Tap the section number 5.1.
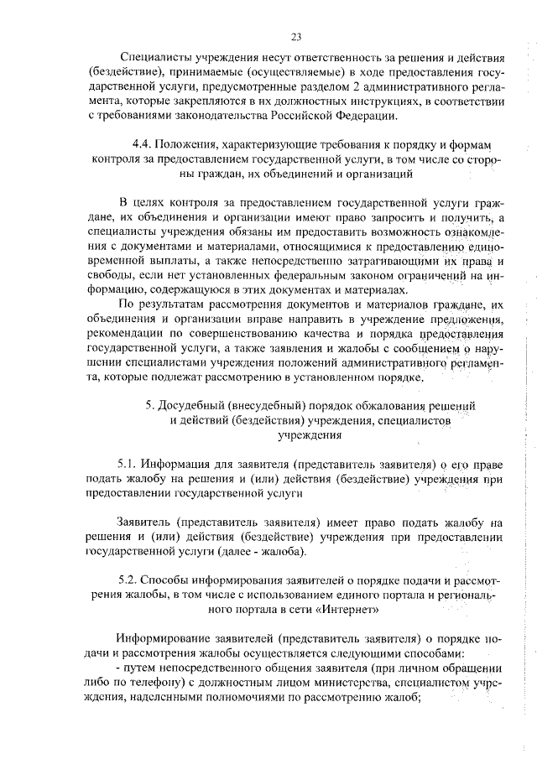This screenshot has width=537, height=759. point(128,463)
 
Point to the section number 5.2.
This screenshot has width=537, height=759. point(128,580)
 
